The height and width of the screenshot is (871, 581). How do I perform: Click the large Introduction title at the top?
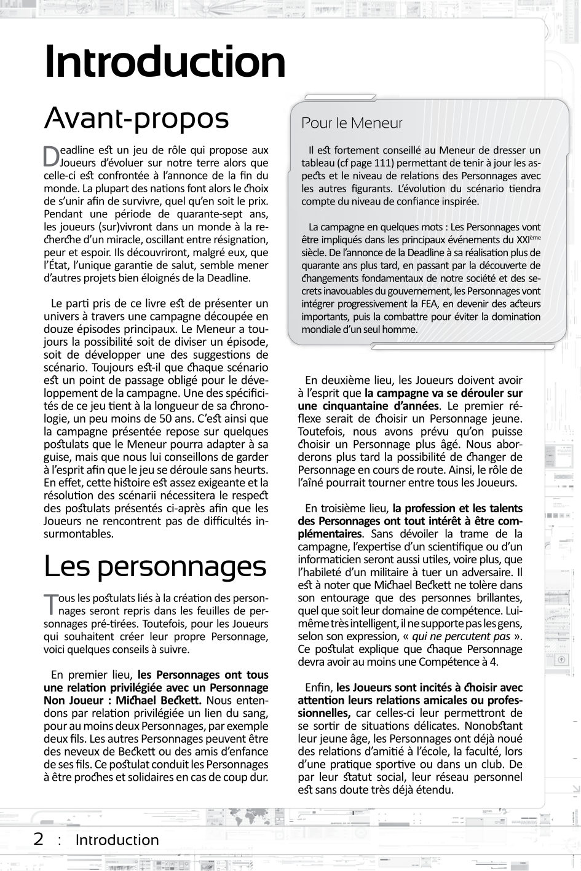click(x=165, y=63)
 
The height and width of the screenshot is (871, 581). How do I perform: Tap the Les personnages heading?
click(x=155, y=566)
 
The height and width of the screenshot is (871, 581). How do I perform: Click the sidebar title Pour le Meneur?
click(x=352, y=123)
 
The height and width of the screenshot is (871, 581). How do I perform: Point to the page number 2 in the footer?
click(x=39, y=839)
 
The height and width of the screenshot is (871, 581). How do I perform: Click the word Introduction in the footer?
click(x=117, y=840)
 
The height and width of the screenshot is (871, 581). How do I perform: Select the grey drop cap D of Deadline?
click(x=50, y=157)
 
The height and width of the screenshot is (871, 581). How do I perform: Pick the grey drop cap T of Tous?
click(x=50, y=603)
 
